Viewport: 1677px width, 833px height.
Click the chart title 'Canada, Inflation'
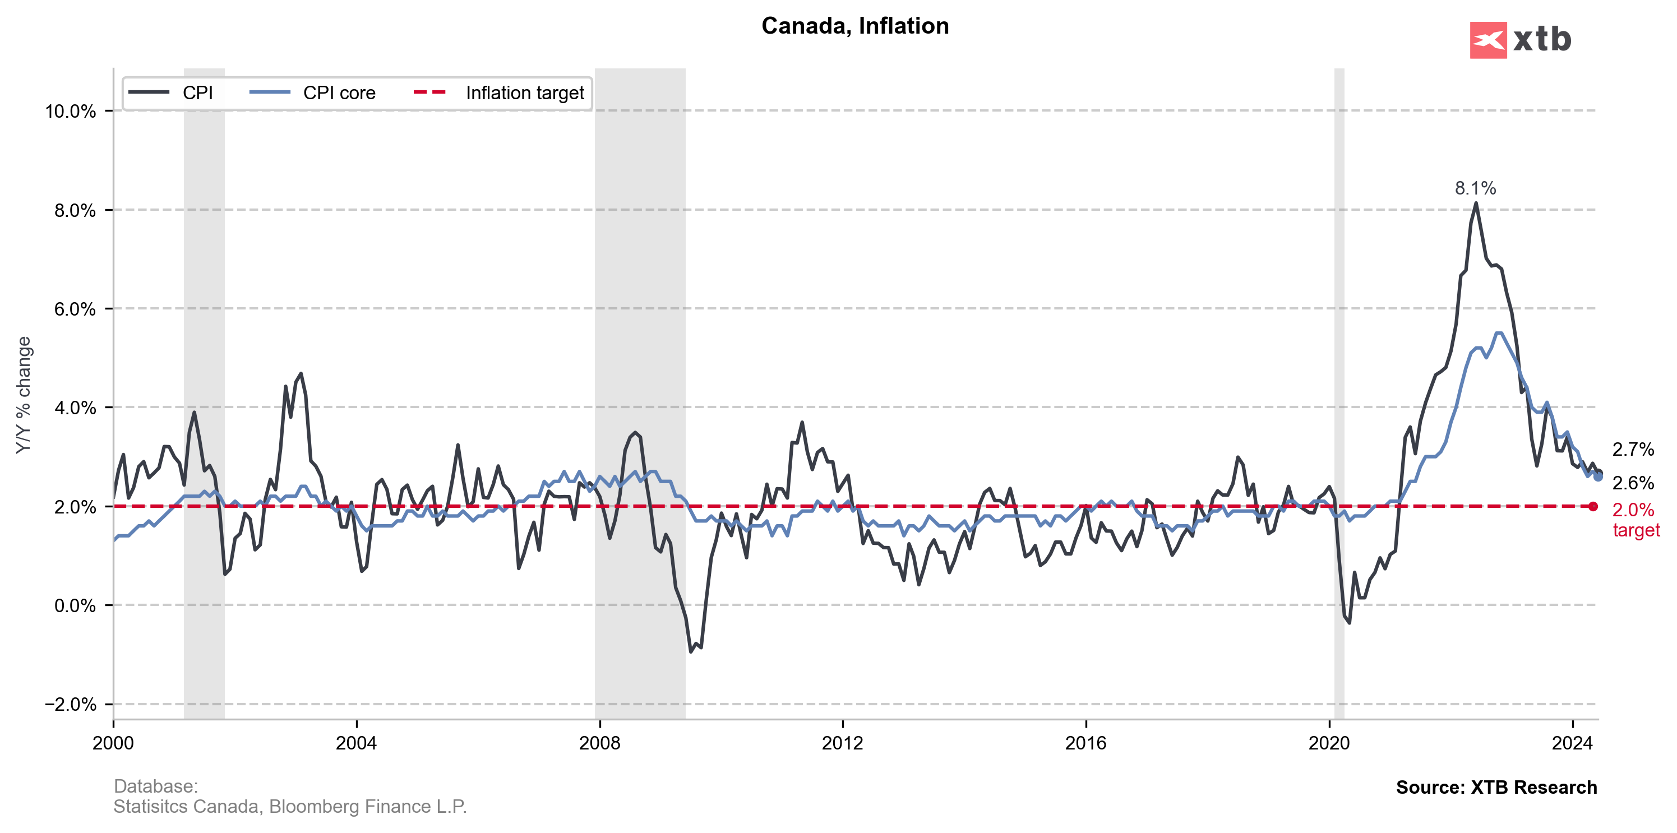tap(855, 26)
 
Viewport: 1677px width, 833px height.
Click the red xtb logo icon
tap(1487, 40)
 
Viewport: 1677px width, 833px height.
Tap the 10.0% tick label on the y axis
tap(70, 112)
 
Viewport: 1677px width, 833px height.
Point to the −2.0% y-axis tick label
tap(70, 704)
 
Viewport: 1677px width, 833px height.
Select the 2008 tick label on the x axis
tap(599, 743)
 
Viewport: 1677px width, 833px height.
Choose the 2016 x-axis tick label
tap(1085, 743)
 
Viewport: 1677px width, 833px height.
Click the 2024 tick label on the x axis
tap(1572, 743)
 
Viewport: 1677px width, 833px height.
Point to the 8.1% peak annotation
tap(1475, 189)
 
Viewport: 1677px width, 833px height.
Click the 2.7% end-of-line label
tap(1633, 449)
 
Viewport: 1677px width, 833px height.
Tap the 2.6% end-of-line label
tap(1633, 483)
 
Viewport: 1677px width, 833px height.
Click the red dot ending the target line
tap(1593, 506)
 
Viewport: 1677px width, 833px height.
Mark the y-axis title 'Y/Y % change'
tap(24, 395)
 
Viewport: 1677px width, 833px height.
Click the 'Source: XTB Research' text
tap(1496, 788)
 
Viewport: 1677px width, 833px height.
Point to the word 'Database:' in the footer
tap(156, 786)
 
